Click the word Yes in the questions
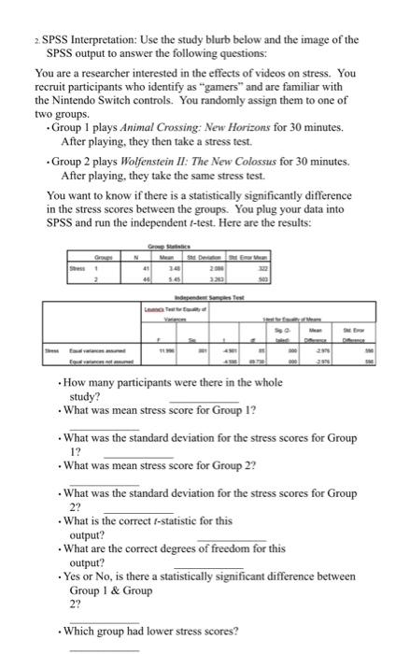(73, 576)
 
